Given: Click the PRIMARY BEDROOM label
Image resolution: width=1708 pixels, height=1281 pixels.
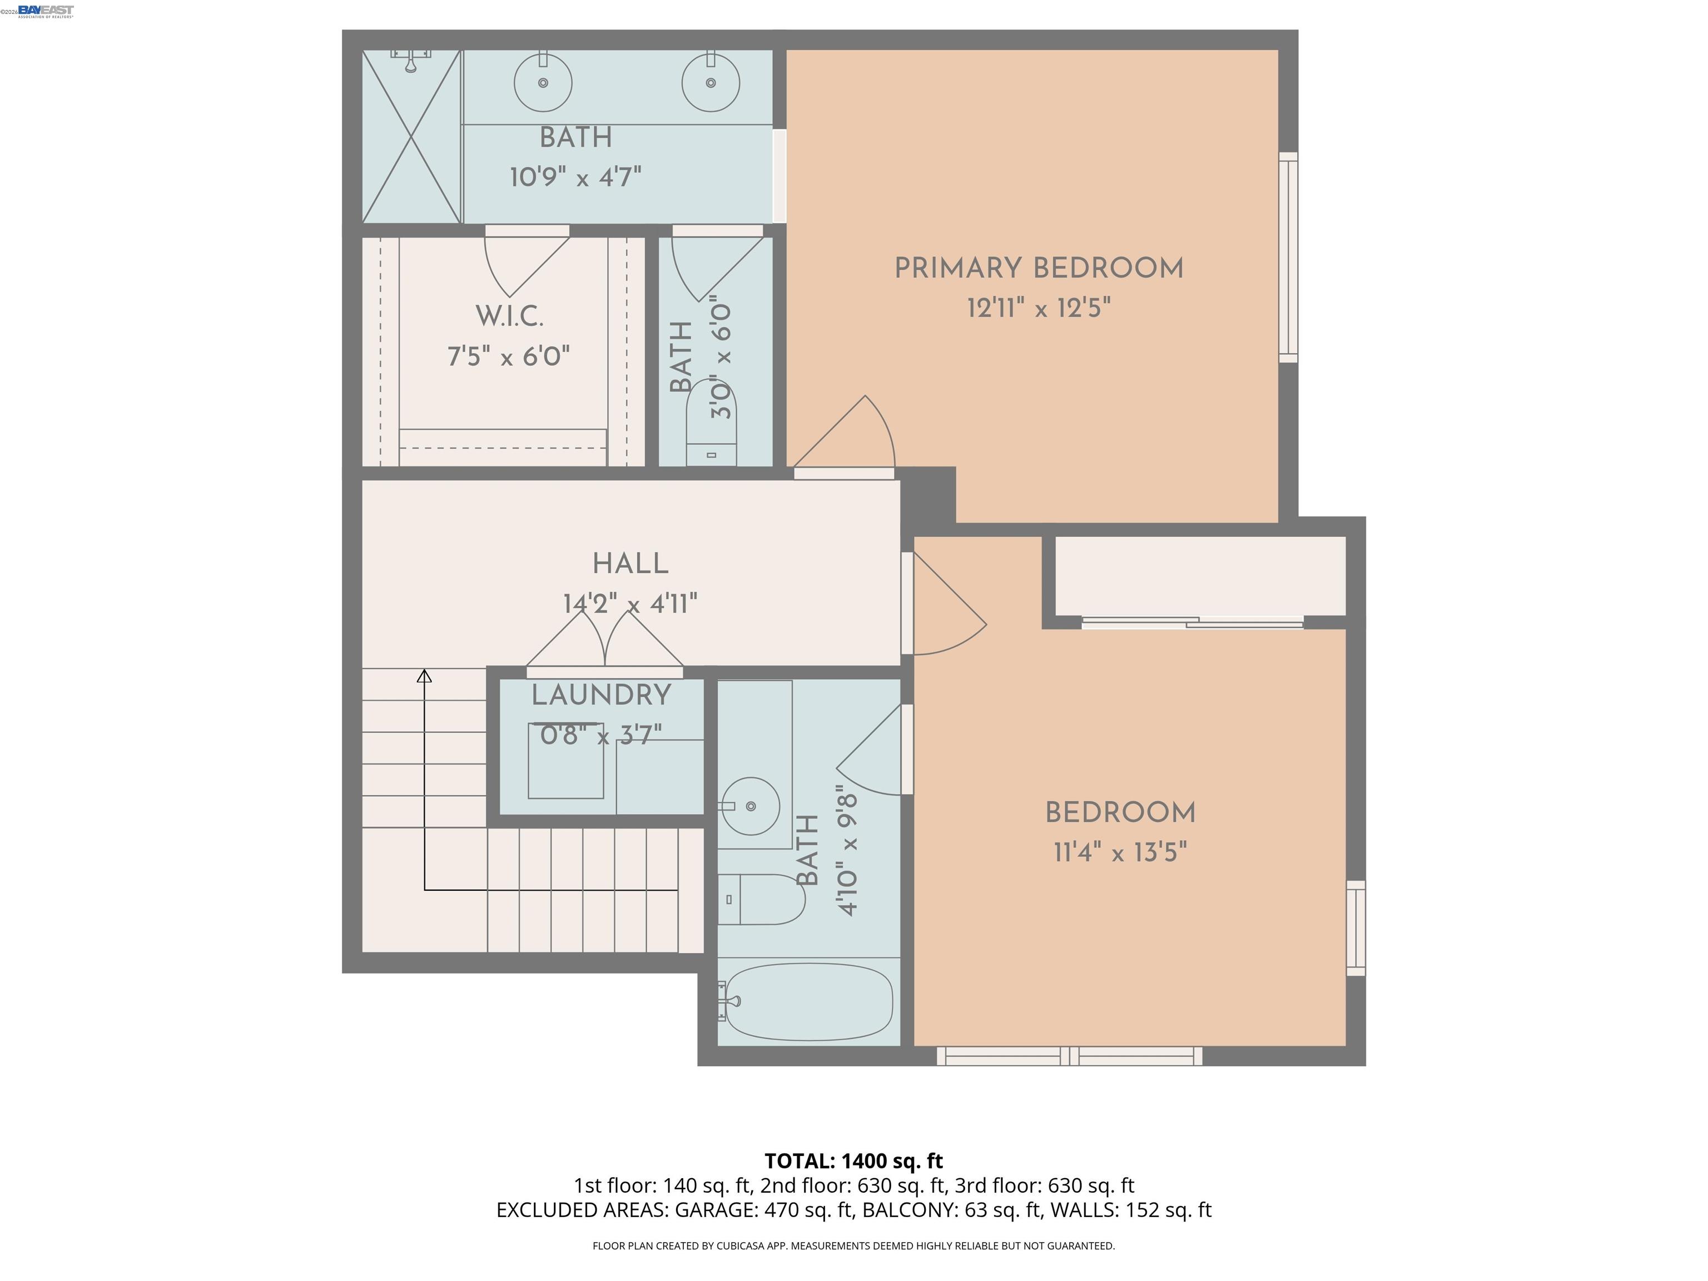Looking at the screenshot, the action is [1039, 269].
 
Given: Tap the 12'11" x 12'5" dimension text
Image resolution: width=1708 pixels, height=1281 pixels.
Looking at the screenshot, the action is [1039, 308].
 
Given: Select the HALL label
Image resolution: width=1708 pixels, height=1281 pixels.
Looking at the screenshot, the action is [630, 564].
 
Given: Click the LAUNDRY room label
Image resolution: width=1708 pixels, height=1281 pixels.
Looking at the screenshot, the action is [600, 695].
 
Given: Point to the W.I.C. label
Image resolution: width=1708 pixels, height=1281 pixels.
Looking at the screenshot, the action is [509, 316].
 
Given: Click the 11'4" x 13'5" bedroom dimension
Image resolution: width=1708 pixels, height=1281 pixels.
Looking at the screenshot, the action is [1120, 852].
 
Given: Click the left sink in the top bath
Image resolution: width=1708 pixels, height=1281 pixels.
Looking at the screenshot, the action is [543, 82].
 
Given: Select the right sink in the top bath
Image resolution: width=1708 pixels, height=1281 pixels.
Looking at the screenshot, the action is [711, 82].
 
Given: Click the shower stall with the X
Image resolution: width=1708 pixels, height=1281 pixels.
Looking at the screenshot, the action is [411, 137].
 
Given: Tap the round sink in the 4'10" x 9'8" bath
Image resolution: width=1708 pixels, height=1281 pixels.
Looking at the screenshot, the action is [750, 806].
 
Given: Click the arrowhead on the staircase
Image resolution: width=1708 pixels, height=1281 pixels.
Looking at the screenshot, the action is [424, 677].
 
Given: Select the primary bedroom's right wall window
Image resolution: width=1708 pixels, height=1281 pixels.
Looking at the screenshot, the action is [1288, 257].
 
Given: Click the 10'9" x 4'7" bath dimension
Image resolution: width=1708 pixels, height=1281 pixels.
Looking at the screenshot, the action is [575, 177].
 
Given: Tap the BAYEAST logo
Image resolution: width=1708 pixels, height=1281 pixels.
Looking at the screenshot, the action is [46, 10].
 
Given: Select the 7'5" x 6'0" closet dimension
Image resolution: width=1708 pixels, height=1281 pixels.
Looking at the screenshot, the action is [509, 357].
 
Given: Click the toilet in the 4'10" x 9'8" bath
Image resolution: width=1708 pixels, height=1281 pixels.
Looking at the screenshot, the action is [762, 899].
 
